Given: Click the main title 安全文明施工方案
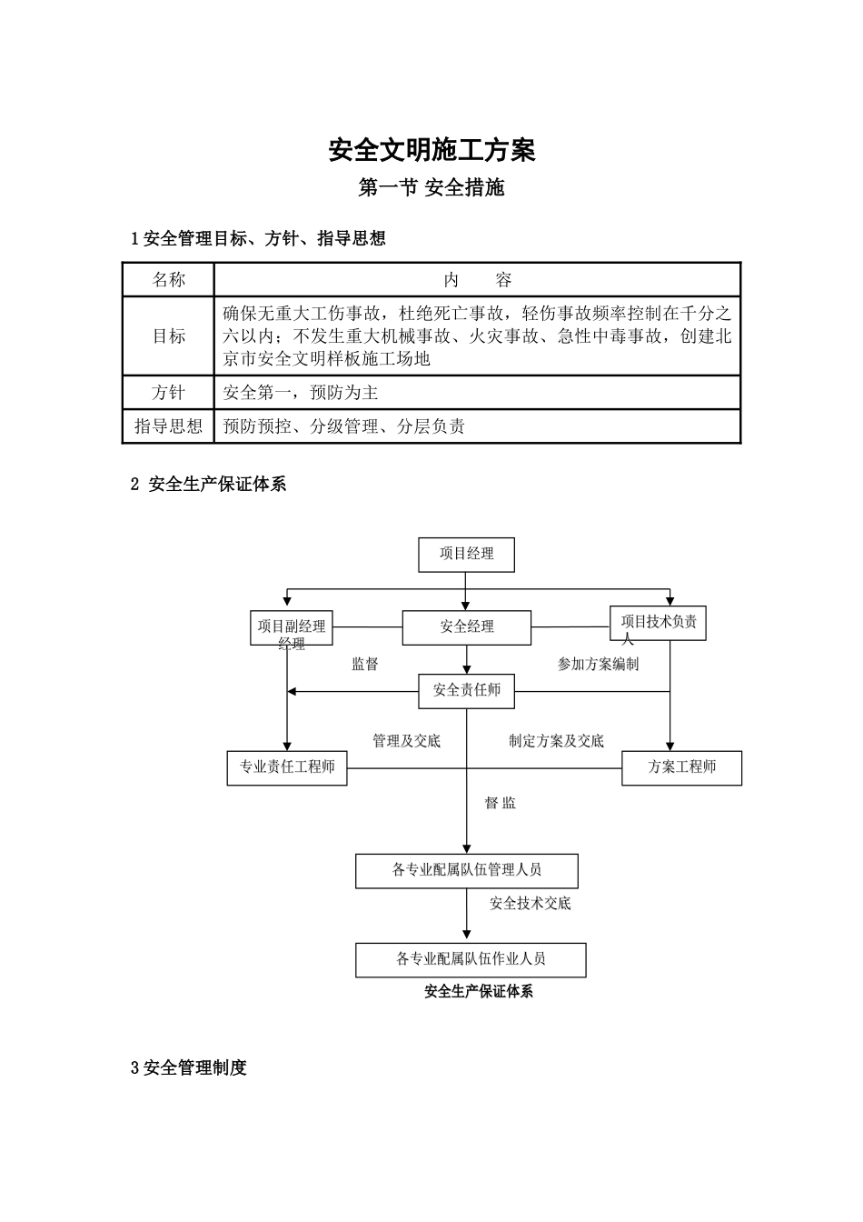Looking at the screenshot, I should (x=431, y=150).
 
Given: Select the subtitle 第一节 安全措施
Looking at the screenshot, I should (x=431, y=188).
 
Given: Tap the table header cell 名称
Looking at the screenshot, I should (x=168, y=280).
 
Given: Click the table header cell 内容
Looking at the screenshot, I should (x=477, y=280).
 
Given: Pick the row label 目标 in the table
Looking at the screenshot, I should (x=168, y=336).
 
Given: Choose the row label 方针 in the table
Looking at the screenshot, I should (x=168, y=393).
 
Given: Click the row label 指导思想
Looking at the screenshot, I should (x=168, y=426).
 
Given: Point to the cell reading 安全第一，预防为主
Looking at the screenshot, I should (x=301, y=393).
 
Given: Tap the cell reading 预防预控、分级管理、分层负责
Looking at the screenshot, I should (x=344, y=426).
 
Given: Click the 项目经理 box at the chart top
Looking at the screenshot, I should (x=466, y=555).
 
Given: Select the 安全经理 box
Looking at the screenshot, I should (x=466, y=627).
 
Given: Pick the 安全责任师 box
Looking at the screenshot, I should (x=466, y=691).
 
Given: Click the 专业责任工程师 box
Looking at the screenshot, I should (x=287, y=768).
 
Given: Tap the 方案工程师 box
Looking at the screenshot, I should (x=681, y=768).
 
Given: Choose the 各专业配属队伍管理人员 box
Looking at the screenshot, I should (x=466, y=871).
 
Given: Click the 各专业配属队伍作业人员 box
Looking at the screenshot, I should (x=470, y=960).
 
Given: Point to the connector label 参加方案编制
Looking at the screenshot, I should (x=598, y=665).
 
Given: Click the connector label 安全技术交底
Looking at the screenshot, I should (x=531, y=904).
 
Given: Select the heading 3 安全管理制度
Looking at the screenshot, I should (x=189, y=1068).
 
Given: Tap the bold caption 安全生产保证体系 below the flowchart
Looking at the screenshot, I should (x=479, y=992).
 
